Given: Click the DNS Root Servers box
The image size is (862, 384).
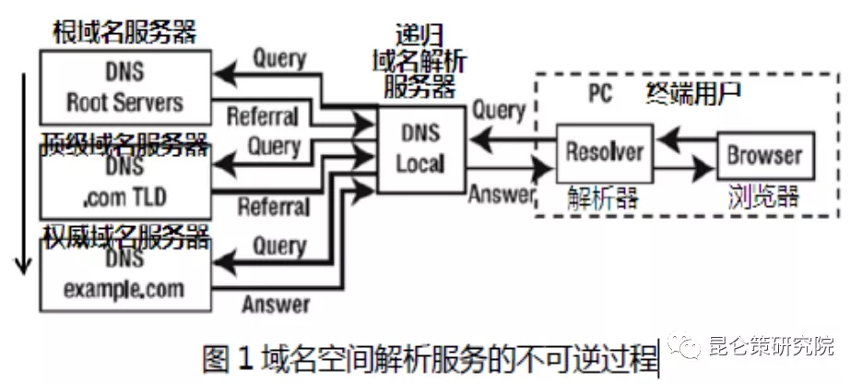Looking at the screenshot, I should [125, 88].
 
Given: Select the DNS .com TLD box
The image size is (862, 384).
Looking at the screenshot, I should [125, 186].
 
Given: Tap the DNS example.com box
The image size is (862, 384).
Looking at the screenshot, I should [125, 275].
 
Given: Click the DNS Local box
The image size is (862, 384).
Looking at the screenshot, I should [420, 150].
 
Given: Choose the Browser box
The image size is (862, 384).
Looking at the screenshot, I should [764, 155].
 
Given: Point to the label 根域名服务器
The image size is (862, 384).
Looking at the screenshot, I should [125, 33].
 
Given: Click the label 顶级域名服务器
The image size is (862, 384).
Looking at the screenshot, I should [125, 142].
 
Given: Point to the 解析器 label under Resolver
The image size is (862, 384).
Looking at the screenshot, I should [603, 197].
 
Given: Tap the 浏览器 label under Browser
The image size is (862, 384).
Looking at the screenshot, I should [763, 197].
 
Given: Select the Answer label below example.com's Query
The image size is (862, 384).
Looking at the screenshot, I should [276, 304].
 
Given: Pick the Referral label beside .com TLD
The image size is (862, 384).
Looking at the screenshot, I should [273, 206].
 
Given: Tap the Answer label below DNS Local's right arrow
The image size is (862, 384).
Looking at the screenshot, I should [502, 194].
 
